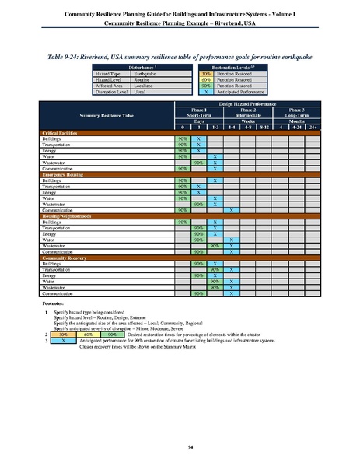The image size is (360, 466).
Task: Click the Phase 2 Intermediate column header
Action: [249, 114]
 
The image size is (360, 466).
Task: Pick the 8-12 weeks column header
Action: [265, 127]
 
